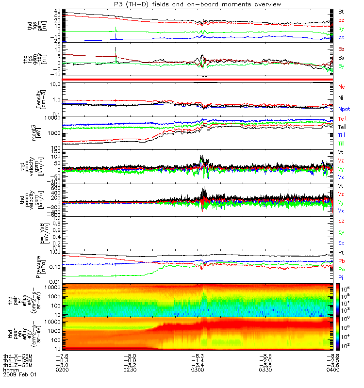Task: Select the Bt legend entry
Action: (x=342, y=11)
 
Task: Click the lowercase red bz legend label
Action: (x=342, y=20)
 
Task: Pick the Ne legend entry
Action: (x=342, y=86)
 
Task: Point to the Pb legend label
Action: (x=342, y=261)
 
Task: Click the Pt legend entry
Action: (x=342, y=253)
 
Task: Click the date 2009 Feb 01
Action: (x=20, y=375)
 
